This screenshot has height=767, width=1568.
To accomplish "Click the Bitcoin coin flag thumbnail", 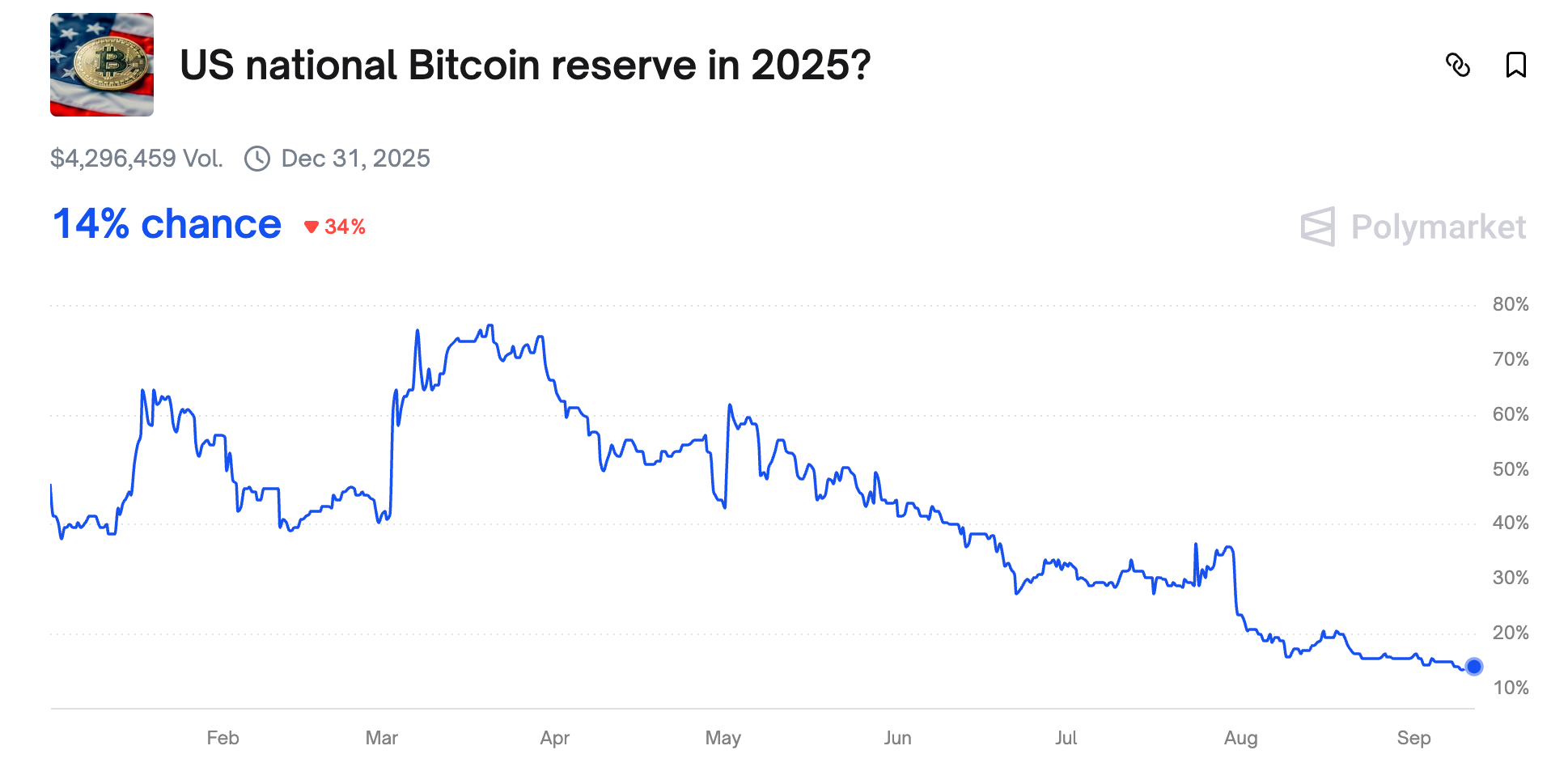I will coord(102,65).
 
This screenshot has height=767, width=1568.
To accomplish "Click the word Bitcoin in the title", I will coord(473,65).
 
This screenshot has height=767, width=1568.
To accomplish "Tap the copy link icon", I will coord(1457,65).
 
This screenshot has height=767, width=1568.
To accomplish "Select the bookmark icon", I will coord(1515,65).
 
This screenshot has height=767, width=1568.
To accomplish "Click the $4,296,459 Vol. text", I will coord(136,158).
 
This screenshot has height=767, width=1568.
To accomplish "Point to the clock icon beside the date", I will coord(257,159).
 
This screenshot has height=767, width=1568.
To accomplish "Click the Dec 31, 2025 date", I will coord(355,158).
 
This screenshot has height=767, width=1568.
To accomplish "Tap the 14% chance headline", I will coord(167,224).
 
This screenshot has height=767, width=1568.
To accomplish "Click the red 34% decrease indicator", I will coord(335,227).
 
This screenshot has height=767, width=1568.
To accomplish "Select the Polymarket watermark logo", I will coord(1413,227).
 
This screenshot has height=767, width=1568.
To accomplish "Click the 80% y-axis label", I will coord(1510,304).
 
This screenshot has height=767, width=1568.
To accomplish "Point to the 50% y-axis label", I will coord(1510,469).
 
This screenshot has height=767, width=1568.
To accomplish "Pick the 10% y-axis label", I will coord(1510,688).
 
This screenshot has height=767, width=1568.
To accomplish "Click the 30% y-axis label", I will coord(1510,578).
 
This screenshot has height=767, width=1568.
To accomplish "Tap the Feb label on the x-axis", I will coord(222,738).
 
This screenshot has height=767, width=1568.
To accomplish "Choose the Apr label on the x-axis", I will coord(555,738).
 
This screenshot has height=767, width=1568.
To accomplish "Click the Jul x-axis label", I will coord(1066,738).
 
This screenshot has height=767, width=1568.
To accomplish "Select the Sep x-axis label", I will coord(1413,738).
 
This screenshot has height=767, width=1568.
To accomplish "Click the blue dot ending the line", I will coord(1474,667).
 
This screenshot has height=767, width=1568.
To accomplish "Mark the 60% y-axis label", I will coord(1510,414).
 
